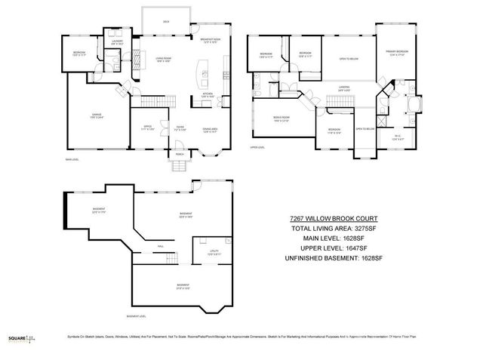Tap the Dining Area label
(211, 128)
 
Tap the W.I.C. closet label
(398, 137)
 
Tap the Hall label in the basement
(161, 246)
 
